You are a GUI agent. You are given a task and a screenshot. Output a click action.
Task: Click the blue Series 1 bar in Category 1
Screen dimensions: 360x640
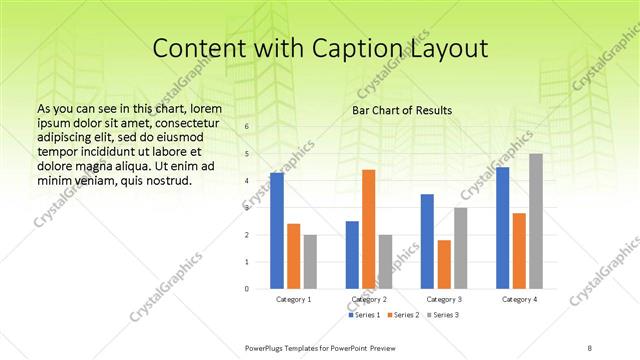coord(277,231)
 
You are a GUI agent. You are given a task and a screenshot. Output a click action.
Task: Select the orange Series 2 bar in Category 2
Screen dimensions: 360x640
coord(369,229)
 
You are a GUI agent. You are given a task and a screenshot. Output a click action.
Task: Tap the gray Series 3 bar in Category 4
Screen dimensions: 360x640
coord(536,221)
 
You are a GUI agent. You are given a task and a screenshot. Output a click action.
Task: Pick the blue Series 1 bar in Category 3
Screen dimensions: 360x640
coord(427,241)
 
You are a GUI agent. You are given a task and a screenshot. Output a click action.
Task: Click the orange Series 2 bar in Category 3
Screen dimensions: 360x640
coord(444,264)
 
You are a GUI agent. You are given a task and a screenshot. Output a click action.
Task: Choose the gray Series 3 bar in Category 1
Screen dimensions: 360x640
coord(310,261)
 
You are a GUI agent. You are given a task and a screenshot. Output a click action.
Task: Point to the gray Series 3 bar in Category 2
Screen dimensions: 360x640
coord(386,261)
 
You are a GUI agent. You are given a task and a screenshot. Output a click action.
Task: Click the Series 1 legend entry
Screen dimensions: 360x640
coord(363,315)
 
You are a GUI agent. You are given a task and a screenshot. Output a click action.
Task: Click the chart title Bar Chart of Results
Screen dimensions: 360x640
coord(402,110)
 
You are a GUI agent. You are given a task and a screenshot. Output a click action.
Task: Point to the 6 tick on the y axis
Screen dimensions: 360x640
coord(247,127)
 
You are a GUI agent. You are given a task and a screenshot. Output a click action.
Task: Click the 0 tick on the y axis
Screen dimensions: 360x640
coord(247,289)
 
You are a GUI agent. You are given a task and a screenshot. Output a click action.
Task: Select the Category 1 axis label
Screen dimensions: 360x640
coord(293,299)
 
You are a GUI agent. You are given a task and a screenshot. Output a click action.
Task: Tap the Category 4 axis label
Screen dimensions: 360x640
coord(519,299)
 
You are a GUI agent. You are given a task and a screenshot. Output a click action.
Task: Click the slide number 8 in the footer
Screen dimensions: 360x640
coord(590,346)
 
